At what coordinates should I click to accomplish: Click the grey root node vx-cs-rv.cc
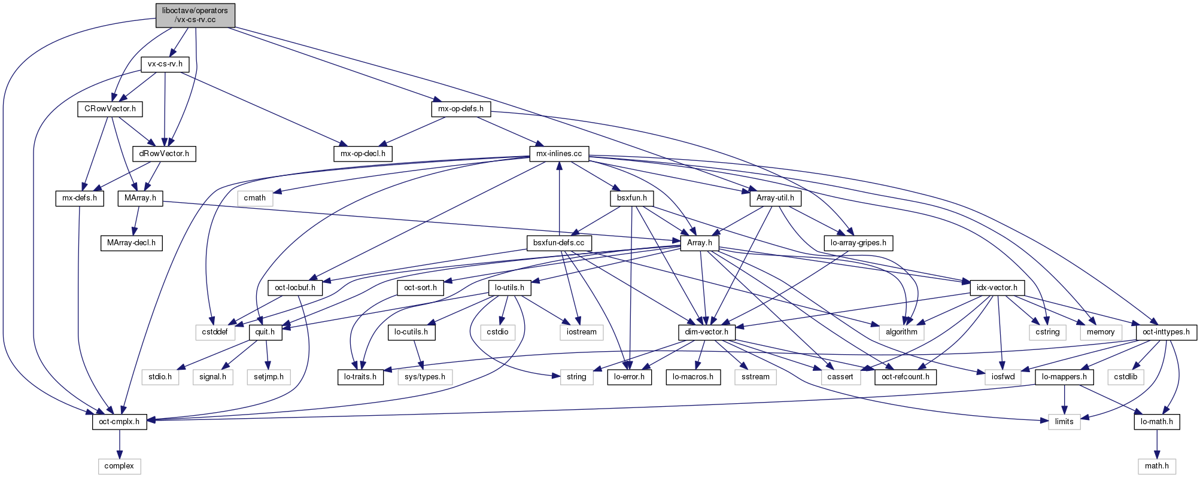pyautogui.click(x=195, y=15)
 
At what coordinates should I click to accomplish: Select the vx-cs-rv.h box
pyautogui.click(x=165, y=64)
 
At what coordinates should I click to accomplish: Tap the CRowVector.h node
pyautogui.click(x=110, y=109)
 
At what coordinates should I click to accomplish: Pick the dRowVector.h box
pyautogui.click(x=164, y=154)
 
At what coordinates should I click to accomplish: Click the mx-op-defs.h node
pyautogui.click(x=461, y=109)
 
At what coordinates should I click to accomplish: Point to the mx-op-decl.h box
pyautogui.click(x=363, y=154)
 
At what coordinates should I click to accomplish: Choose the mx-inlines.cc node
pyautogui.click(x=559, y=154)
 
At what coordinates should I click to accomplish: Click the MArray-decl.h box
pyautogui.click(x=131, y=243)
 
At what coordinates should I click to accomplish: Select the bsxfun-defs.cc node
pyautogui.click(x=559, y=243)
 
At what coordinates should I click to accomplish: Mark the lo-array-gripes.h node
pyautogui.click(x=858, y=243)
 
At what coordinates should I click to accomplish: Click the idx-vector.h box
pyautogui.click(x=997, y=288)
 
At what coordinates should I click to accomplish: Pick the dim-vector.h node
pyautogui.click(x=707, y=332)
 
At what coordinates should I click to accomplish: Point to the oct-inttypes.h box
pyautogui.click(x=1165, y=332)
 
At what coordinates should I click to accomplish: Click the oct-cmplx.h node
pyautogui.click(x=120, y=421)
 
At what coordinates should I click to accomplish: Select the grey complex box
pyautogui.click(x=119, y=466)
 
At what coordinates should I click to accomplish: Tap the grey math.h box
pyautogui.click(x=1156, y=466)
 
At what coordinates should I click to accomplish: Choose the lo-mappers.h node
pyautogui.click(x=1064, y=377)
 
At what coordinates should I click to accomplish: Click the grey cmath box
pyautogui.click(x=255, y=198)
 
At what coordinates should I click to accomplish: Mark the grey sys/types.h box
pyautogui.click(x=425, y=377)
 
